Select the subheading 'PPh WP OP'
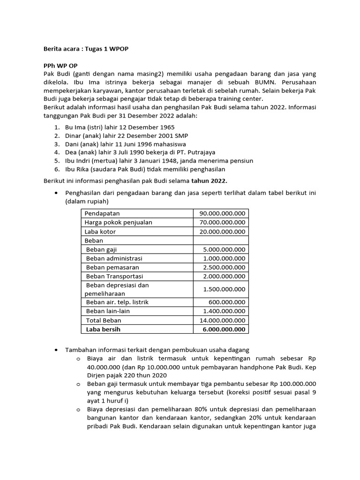click(x=60, y=66)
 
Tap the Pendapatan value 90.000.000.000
click(x=222, y=214)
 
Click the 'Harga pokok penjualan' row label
click(x=118, y=223)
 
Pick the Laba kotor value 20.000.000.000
click(x=222, y=232)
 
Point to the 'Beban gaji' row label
click(x=102, y=249)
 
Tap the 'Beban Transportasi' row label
click(x=115, y=276)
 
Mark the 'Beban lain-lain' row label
click(x=108, y=311)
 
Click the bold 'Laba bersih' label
click(x=103, y=329)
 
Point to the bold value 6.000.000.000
click(x=224, y=329)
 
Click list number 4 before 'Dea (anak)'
click(x=56, y=152)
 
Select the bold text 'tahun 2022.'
click(x=210, y=180)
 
